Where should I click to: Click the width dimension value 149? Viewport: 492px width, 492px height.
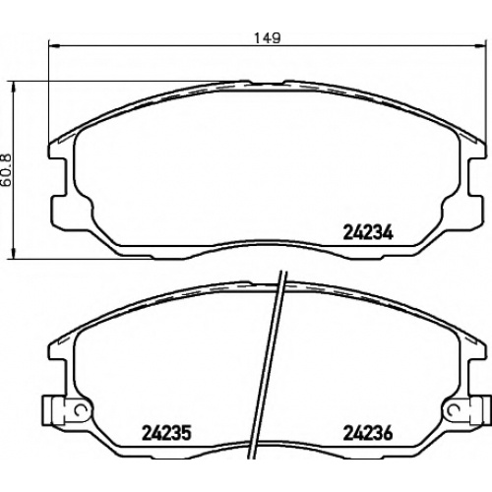click(268, 38)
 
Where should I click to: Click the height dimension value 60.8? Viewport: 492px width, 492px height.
click(6, 170)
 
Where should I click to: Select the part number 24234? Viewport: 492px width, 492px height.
click(368, 232)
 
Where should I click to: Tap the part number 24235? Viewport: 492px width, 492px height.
click(166, 433)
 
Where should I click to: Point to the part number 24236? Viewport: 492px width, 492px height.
click(368, 433)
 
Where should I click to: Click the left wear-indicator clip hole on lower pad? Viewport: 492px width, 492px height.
click(80, 409)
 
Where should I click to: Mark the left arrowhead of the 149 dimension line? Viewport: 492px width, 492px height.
click(53, 46)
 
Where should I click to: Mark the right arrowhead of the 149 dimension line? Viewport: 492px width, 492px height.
click(480, 46)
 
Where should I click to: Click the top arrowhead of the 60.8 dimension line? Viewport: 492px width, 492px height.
click(13, 87)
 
